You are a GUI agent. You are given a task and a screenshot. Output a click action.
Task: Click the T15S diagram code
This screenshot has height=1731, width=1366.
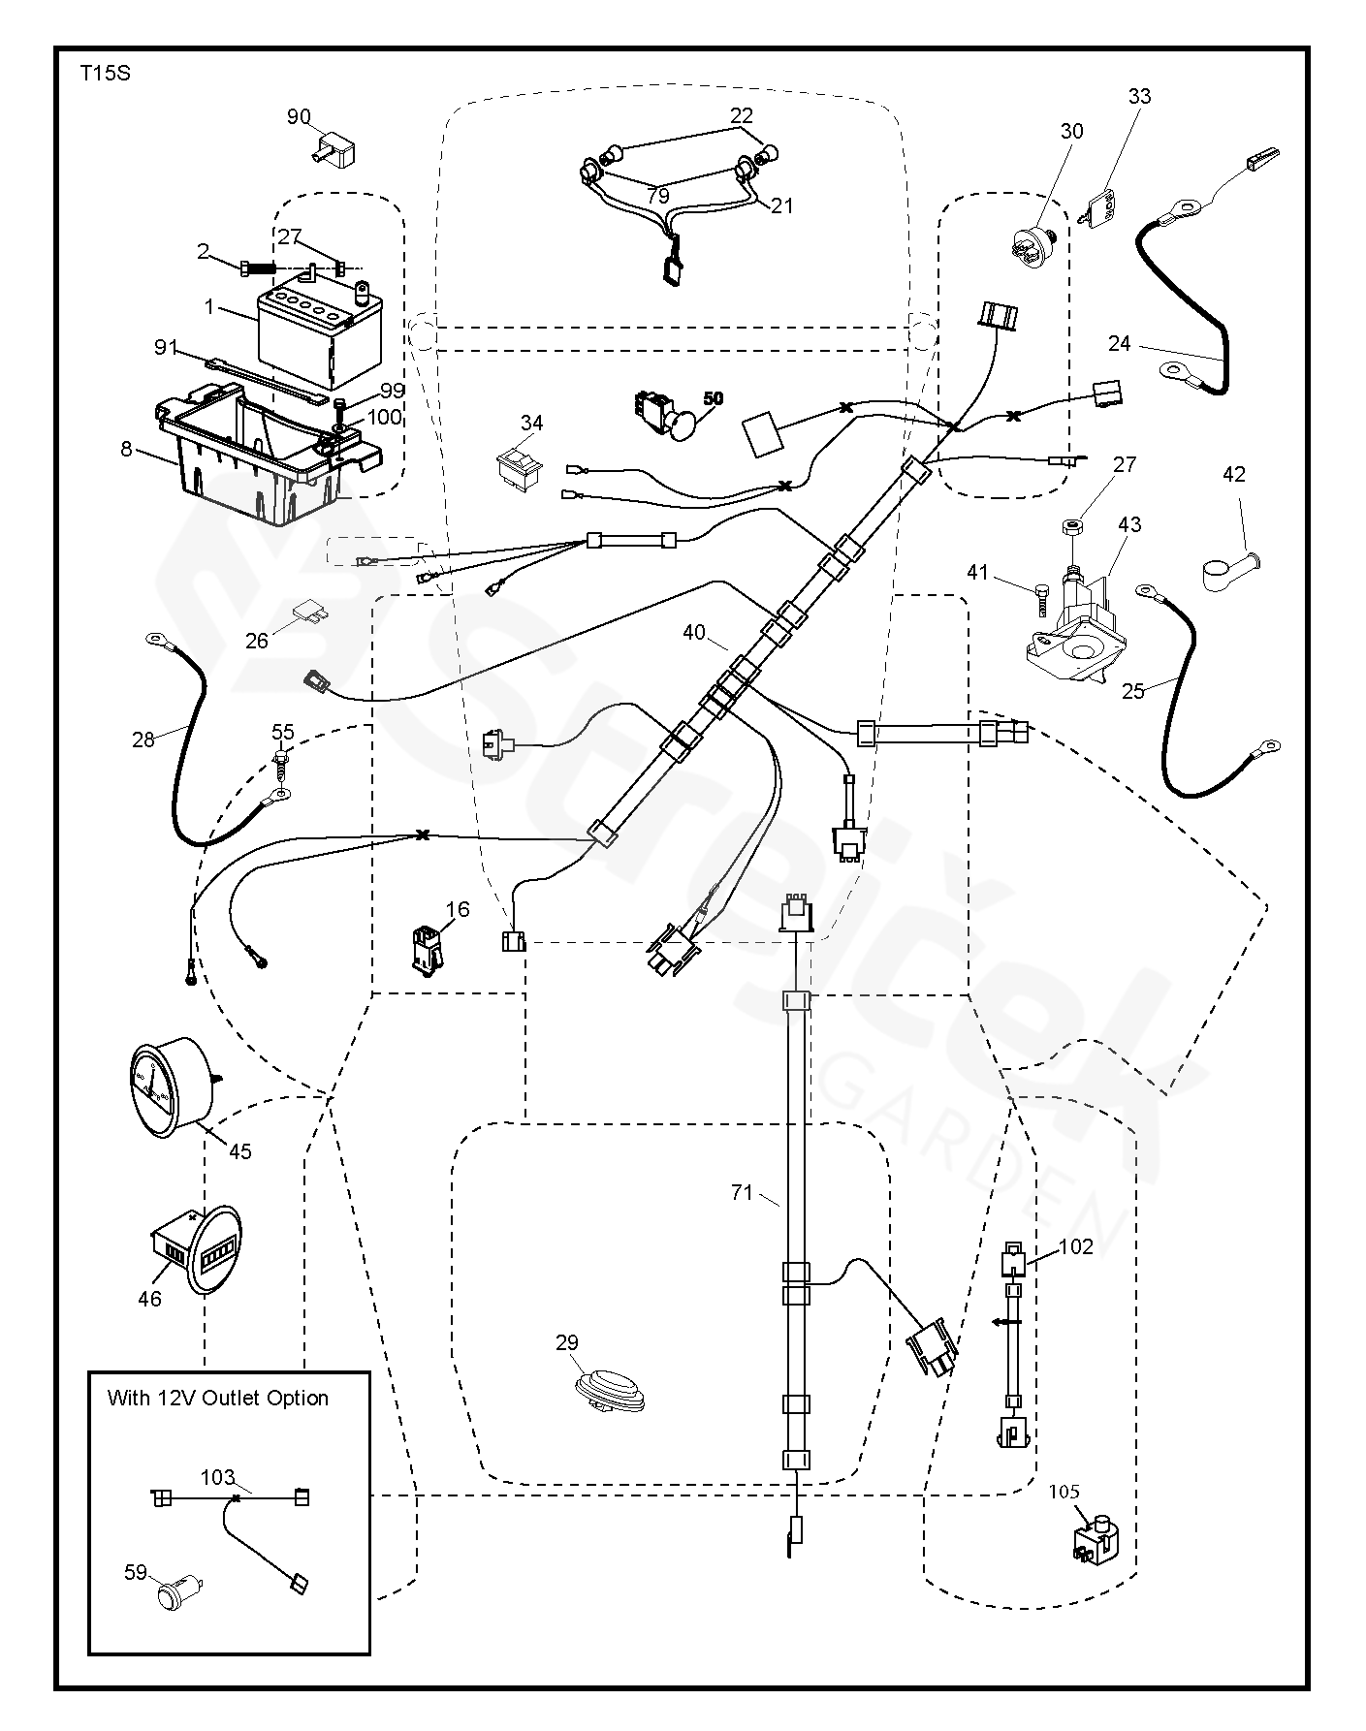coord(104,74)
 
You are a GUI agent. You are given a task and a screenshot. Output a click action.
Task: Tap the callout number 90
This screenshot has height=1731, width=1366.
coord(299,117)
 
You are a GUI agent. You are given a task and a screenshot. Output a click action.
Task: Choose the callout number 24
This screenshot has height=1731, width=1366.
coord(1119,342)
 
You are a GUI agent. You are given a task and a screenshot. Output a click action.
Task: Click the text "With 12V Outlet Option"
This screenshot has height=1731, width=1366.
coord(217,1398)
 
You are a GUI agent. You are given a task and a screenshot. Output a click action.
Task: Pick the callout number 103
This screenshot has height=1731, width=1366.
coord(217,1477)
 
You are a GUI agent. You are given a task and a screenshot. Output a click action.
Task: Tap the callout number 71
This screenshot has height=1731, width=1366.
coord(742,1193)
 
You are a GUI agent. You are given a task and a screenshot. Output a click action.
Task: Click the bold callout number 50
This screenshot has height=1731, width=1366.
coord(713,398)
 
